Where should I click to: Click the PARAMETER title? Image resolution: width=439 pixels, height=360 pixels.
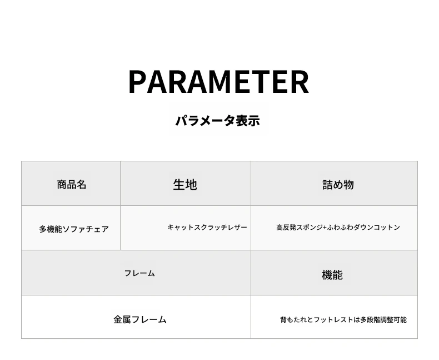click(218, 82)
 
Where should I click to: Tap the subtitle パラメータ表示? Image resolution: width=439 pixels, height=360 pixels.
click(218, 121)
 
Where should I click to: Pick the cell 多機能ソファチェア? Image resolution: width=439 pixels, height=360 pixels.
click(74, 229)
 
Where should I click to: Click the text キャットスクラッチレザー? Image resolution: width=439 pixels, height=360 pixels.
click(207, 227)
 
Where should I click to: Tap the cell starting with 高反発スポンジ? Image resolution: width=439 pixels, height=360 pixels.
click(338, 227)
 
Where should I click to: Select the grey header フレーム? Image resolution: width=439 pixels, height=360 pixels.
click(139, 273)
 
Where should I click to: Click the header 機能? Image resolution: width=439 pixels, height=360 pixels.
click(332, 274)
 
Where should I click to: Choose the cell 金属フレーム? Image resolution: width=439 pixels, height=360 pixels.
click(140, 319)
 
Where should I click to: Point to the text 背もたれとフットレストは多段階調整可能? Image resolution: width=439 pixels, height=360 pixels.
click(343, 319)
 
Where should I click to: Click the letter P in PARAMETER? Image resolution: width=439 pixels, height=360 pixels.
click(137, 82)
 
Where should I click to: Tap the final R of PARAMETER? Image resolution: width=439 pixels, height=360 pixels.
click(300, 82)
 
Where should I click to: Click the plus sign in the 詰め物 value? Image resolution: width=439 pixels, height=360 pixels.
click(325, 228)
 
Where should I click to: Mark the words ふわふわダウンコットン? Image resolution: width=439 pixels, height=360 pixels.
click(363, 227)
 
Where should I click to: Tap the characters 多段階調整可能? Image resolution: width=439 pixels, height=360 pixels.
click(383, 319)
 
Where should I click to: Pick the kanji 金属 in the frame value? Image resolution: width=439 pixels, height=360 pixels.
click(122, 319)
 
